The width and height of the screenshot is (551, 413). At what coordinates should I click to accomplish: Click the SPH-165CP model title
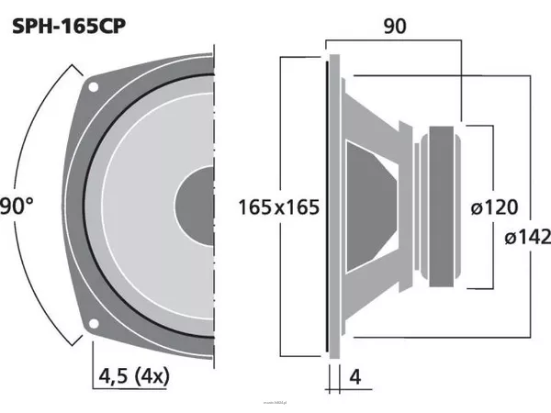coord(69,27)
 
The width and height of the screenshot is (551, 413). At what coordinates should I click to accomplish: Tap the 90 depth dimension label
coord(395,27)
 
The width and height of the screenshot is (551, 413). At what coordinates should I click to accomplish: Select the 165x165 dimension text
coord(278,206)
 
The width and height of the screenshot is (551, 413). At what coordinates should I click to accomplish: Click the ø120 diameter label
coord(494,206)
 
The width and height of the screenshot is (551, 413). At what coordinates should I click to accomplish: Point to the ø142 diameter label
coord(528,238)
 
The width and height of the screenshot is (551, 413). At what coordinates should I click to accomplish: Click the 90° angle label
coord(17,206)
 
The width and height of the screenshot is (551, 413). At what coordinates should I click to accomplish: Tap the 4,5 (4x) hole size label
coord(134,376)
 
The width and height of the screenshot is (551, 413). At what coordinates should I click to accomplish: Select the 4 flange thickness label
coord(355,377)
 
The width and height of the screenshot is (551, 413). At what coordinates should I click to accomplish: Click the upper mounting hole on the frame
coord(93,86)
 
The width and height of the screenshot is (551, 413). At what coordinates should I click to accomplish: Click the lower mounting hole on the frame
coord(93,323)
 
